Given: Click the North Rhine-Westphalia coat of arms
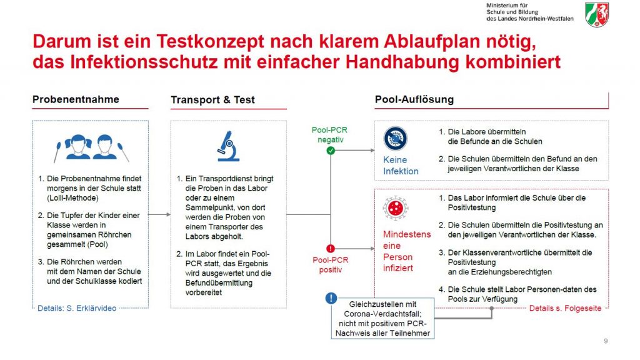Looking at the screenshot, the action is click(x=597, y=15).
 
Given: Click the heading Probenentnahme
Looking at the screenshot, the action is click(x=76, y=99).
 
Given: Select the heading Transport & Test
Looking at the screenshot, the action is click(x=212, y=100).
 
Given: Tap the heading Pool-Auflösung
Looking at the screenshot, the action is click(x=414, y=99).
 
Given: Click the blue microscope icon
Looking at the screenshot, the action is click(x=228, y=146).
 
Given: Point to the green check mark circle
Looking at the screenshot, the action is click(x=331, y=151).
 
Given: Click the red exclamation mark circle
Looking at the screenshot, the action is click(x=331, y=248).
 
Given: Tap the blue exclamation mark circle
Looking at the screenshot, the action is click(x=331, y=298).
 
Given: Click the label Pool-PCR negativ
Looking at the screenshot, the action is click(x=330, y=135).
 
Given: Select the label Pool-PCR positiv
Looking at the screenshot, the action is click(x=331, y=265).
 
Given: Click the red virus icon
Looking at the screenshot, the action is click(x=395, y=208).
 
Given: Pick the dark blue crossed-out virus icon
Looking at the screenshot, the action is click(x=395, y=138).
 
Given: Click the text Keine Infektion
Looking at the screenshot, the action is click(x=401, y=165).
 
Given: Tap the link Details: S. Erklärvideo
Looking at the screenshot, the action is click(x=77, y=308).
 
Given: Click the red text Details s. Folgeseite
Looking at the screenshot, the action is click(x=565, y=308).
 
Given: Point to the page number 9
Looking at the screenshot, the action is click(x=606, y=341).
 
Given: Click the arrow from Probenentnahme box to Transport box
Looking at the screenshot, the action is click(x=159, y=214).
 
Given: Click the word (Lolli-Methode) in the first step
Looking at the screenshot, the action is click(x=72, y=198).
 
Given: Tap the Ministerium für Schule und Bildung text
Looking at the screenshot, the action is click(x=530, y=12).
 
